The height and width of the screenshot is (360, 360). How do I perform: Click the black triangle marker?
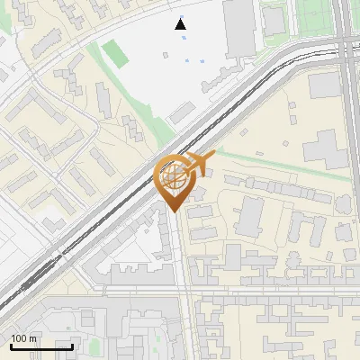(x=181, y=24)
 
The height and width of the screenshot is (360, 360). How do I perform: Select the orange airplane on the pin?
(x=197, y=164)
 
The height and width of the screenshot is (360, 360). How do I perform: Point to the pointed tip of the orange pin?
(x=174, y=211)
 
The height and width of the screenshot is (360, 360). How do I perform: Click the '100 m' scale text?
(x=24, y=337)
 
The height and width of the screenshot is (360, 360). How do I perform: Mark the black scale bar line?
(x=41, y=346)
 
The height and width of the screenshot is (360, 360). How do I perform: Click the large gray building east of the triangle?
(x=238, y=27)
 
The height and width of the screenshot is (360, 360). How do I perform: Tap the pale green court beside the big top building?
(x=274, y=20)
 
